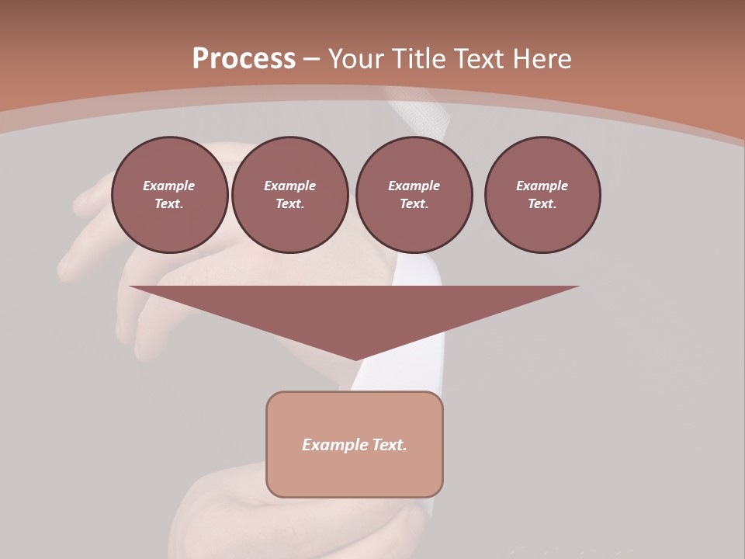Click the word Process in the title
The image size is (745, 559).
tap(244, 59)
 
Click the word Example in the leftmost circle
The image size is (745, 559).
tap(169, 186)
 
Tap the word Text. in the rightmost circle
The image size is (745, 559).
tap(542, 203)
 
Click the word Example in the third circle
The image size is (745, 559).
tap(414, 186)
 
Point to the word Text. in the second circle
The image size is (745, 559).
tap(289, 203)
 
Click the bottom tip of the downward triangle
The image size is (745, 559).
tap(355, 359)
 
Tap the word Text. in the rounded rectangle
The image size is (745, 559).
tap(388, 445)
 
